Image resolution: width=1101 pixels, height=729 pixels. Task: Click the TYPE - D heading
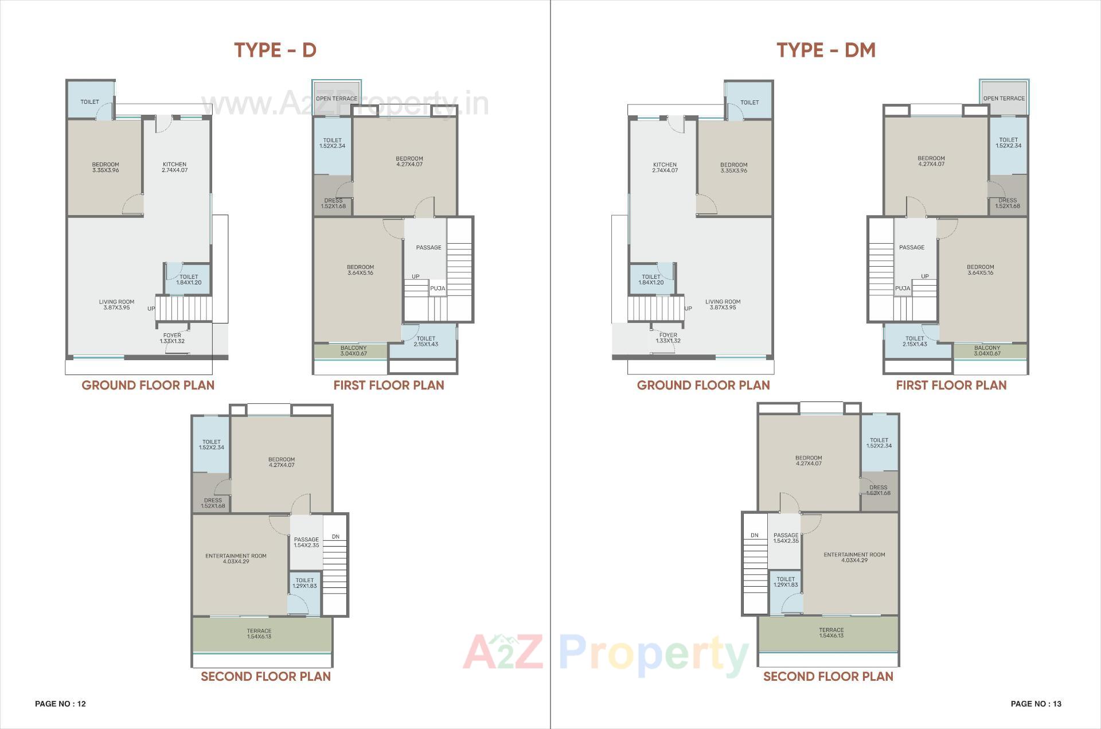tap(275, 50)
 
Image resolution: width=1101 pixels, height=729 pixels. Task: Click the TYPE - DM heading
tap(826, 50)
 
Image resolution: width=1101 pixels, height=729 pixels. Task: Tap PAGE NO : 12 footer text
tap(60, 704)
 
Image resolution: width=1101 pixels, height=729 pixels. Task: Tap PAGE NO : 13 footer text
tap(1036, 704)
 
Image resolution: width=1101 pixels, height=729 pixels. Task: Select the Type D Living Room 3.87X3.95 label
tap(116, 305)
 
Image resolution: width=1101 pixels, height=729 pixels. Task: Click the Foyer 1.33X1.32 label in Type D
tap(172, 338)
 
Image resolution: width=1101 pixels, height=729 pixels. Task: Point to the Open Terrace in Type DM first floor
tap(1004, 98)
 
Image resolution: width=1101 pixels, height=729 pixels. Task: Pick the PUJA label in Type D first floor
tap(438, 289)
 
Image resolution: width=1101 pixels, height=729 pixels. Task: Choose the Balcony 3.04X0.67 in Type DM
tap(987, 350)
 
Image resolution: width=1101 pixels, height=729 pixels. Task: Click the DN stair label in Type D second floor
tap(335, 537)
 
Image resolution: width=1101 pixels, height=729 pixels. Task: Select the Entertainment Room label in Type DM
tap(854, 558)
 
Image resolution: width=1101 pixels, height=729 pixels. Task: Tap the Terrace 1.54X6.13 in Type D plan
tap(259, 634)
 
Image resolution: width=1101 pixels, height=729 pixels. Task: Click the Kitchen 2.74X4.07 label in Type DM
tap(665, 167)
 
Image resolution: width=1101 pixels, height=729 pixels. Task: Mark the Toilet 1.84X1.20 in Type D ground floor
tap(189, 279)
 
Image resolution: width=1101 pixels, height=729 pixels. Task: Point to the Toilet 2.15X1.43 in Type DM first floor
tap(915, 341)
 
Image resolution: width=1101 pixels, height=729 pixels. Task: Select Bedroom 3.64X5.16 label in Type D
tap(360, 270)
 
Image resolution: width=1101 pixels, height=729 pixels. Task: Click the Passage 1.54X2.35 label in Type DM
tap(786, 538)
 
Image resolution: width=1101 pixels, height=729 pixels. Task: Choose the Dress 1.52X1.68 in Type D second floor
tap(213, 503)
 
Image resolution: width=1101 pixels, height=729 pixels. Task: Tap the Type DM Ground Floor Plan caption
tap(703, 385)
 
